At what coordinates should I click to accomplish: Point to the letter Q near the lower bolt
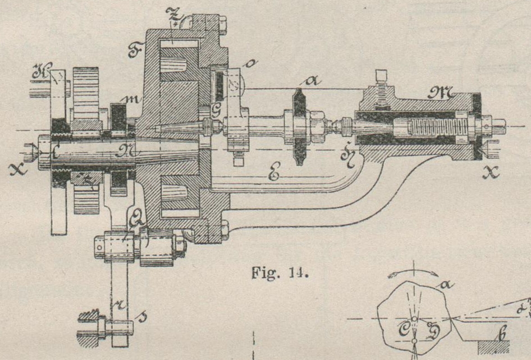click(135, 217)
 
